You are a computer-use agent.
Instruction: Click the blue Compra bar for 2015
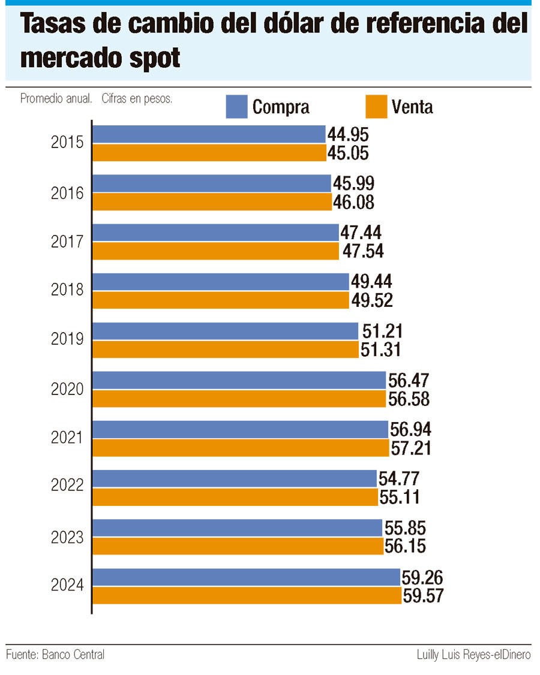tap(208, 134)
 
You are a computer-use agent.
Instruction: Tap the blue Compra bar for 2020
tap(239, 380)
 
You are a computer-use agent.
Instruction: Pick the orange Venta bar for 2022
tap(235, 497)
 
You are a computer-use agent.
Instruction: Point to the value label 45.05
tap(348, 153)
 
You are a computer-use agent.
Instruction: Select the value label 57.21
tap(411, 448)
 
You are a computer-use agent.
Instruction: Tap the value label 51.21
tap(381, 331)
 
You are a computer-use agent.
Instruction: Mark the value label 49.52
tap(371, 300)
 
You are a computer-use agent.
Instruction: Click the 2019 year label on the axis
tap(67, 340)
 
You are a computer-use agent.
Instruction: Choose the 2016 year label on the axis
tap(67, 192)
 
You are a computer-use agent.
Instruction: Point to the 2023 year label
tap(67, 537)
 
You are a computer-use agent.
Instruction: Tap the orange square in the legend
tap(376, 106)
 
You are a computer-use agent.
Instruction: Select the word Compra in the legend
tap(281, 107)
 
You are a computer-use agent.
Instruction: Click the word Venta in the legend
tap(412, 107)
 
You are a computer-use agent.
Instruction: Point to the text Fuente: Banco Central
tap(55, 655)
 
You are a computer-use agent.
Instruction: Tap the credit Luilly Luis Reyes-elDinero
tap(473, 655)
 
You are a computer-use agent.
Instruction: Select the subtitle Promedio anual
tap(56, 99)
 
